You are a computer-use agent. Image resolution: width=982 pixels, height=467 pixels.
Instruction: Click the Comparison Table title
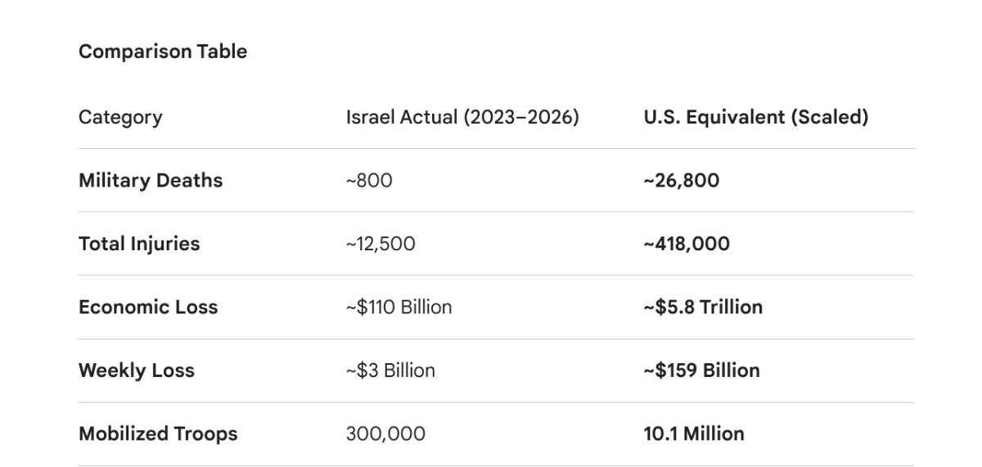[162, 52]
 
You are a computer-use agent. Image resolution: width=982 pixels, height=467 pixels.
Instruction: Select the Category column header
[119, 117]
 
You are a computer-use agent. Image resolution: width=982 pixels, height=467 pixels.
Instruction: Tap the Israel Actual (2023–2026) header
[462, 117]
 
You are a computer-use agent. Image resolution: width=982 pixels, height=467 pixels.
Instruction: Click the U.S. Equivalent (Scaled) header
[755, 117]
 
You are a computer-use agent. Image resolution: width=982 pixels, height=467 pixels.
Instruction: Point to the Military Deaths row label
[151, 180]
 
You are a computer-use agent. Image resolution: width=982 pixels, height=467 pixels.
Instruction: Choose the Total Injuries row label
[139, 244]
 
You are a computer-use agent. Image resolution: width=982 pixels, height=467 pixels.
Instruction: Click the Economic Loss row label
[148, 307]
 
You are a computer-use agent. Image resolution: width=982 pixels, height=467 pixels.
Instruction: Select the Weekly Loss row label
[137, 370]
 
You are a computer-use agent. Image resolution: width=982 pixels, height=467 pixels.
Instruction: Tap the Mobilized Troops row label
[158, 433]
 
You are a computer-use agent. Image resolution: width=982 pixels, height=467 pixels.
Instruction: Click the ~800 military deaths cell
[369, 180]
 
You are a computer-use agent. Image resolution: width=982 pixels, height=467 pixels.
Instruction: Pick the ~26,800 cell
[682, 180]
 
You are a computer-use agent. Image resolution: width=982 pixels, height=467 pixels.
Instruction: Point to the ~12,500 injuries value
[381, 244]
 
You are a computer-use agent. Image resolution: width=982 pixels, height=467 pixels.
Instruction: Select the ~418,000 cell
[687, 244]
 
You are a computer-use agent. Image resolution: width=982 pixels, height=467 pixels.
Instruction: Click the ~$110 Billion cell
[399, 307]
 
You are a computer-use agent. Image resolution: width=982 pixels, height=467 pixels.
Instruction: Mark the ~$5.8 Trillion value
[703, 307]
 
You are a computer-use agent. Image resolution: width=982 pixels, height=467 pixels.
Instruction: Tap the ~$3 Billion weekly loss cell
[390, 370]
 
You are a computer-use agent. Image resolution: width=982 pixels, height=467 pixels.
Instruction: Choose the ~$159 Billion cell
[701, 370]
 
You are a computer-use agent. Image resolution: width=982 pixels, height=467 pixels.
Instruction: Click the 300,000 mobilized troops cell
[385, 433]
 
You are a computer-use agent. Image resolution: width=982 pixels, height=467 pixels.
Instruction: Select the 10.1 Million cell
[694, 433]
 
